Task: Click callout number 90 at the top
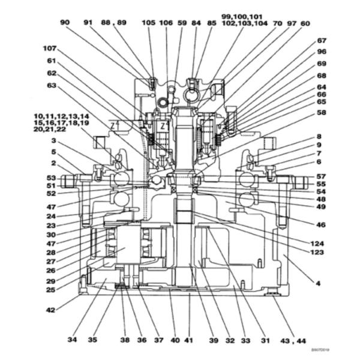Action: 65,22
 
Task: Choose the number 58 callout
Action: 322,112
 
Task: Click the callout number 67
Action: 322,41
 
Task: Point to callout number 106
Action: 167,22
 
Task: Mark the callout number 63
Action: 51,85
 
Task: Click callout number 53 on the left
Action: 51,178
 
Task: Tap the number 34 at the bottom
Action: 72,340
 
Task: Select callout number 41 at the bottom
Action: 188,340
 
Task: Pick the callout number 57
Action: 322,176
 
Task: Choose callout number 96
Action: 322,52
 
